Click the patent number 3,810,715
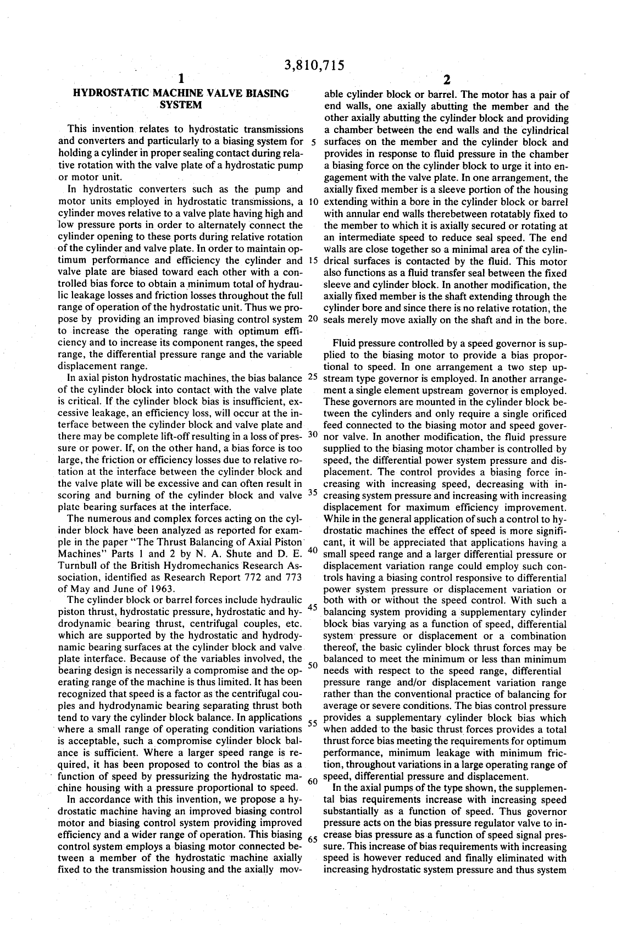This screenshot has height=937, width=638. click(x=314, y=66)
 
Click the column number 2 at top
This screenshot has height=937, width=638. click(x=446, y=80)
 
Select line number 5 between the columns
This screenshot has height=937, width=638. click(x=313, y=141)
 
